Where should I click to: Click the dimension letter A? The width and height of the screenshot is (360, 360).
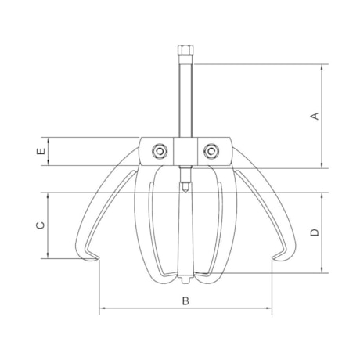pyautogui.click(x=315, y=116)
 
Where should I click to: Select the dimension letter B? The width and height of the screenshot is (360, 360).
pyautogui.click(x=185, y=301)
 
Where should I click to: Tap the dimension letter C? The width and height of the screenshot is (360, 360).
pyautogui.click(x=41, y=225)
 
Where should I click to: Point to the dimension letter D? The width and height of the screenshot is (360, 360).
pyautogui.click(x=315, y=232)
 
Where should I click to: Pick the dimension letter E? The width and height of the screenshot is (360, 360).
pyautogui.click(x=41, y=151)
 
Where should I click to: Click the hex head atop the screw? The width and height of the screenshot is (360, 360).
pyautogui.click(x=185, y=49)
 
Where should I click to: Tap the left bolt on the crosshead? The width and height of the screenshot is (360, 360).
pyautogui.click(x=159, y=151)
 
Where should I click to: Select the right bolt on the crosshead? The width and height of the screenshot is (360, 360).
pyautogui.click(x=211, y=151)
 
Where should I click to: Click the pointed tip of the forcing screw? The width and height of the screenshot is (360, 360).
pyautogui.click(x=185, y=192)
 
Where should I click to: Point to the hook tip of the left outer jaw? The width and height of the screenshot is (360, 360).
pyautogui.click(x=99, y=258)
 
